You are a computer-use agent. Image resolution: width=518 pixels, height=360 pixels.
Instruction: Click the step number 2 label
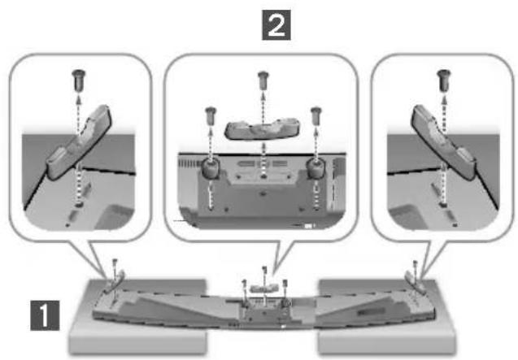tap(276, 25)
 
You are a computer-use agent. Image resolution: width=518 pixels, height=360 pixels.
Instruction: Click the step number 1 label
tap(45, 315)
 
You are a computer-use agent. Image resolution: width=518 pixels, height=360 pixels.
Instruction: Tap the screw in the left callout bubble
tap(79, 80)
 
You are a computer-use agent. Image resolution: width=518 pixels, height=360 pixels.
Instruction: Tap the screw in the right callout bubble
tap(444, 80)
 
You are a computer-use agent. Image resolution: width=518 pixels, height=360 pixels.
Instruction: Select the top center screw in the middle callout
tap(263, 80)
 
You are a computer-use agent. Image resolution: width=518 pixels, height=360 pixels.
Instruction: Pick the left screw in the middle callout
tap(211, 116)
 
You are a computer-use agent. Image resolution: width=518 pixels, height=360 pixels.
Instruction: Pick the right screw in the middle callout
tap(316, 116)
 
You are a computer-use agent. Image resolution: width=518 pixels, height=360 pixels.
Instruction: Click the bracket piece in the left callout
tap(78, 142)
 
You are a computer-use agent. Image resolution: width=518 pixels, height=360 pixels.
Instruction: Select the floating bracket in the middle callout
tap(263, 128)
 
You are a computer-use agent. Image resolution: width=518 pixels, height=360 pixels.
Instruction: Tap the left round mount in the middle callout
tap(210, 168)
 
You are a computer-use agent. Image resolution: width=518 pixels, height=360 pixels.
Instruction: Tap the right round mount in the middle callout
tap(316, 168)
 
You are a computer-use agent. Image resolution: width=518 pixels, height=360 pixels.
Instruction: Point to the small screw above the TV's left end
tap(115, 266)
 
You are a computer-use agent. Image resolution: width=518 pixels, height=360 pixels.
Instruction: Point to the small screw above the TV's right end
tap(416, 267)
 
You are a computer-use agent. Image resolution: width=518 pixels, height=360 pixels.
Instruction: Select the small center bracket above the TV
tap(263, 288)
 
